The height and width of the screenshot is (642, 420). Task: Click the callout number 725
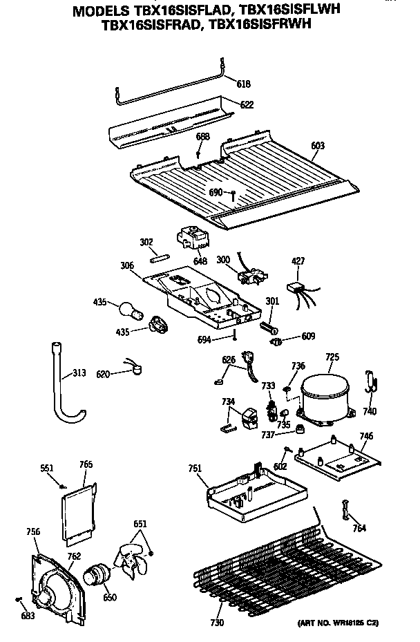(x=332, y=357)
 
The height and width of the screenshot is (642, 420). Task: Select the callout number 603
(x=318, y=146)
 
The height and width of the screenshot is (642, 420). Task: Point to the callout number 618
(x=243, y=84)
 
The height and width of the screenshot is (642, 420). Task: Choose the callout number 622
(x=247, y=105)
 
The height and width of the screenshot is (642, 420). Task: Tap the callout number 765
(x=86, y=464)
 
